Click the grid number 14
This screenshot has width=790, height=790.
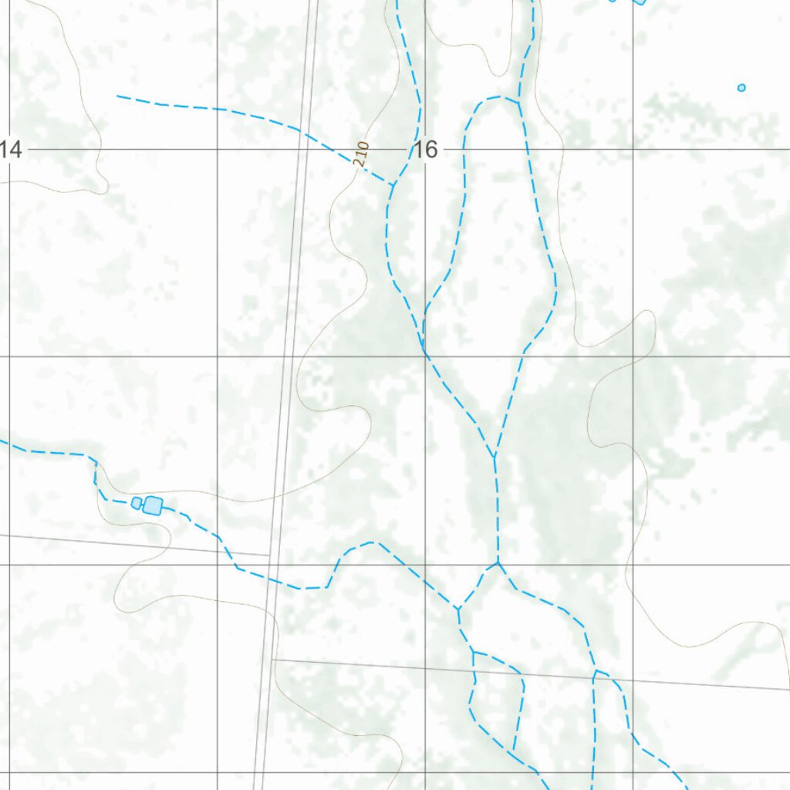(10, 149)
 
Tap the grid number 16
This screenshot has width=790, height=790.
(425, 149)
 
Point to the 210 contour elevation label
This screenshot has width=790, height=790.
(362, 154)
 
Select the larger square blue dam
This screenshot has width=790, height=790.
(153, 505)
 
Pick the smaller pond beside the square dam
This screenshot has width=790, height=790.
(137, 503)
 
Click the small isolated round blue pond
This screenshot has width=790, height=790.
(741, 88)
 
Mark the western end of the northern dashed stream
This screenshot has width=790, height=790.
(118, 96)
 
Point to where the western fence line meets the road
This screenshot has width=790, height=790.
(269, 555)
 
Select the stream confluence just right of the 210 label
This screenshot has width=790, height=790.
(393, 184)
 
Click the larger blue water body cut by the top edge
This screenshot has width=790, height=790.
(639, 2)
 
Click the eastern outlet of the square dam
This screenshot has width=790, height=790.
(164, 509)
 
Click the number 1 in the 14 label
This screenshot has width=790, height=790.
(4, 149)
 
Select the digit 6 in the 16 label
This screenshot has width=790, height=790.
(431, 149)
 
